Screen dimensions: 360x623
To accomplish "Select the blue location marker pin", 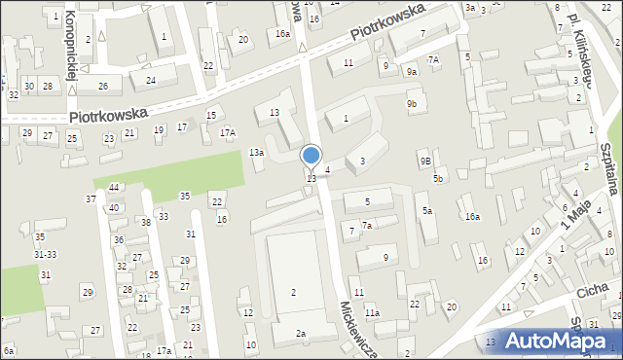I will [x=311, y=157].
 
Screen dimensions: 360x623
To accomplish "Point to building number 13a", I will [x=256, y=153].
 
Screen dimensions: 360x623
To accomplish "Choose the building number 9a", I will [x=412, y=71].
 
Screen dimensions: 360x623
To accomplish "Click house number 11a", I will [x=372, y=312].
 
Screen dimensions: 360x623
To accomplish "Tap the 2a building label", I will [x=302, y=334].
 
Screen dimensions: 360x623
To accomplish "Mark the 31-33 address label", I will [x=45, y=255].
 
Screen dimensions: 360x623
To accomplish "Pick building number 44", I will [x=114, y=187].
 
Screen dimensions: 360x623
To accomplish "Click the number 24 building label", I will [x=151, y=80].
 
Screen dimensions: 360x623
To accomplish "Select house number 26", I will [x=102, y=86].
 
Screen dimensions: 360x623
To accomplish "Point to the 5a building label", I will [x=426, y=210].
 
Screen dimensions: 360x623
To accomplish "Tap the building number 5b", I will [x=438, y=178].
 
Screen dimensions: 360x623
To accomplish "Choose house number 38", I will [x=145, y=222].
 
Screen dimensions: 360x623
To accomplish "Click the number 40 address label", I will [x=114, y=207].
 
